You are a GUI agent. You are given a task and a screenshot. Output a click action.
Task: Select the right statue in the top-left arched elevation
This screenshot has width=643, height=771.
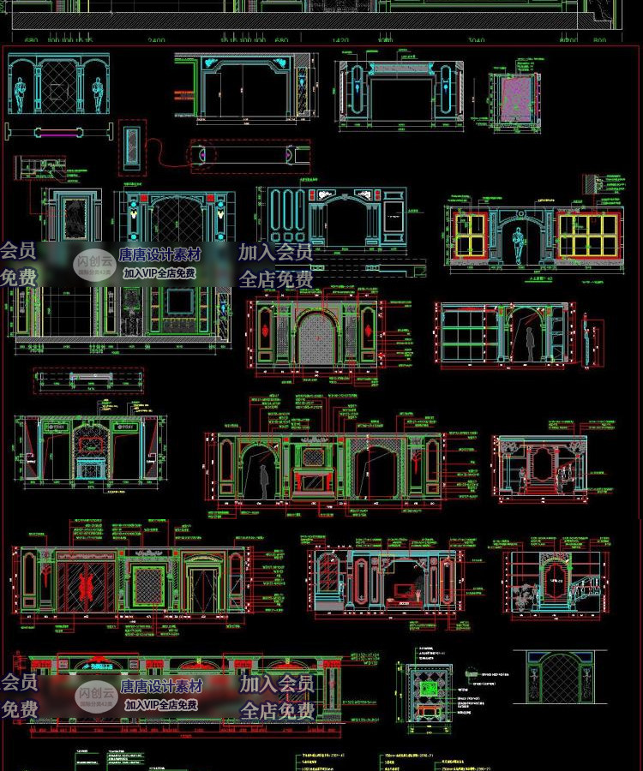coord(96,91)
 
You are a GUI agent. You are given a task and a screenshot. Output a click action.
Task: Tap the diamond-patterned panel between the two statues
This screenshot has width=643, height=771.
coord(58,87)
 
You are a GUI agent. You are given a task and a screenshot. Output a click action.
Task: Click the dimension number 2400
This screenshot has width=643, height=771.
coord(156,40)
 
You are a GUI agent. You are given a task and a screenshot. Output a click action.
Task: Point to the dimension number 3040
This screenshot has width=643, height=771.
coord(477,40)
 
